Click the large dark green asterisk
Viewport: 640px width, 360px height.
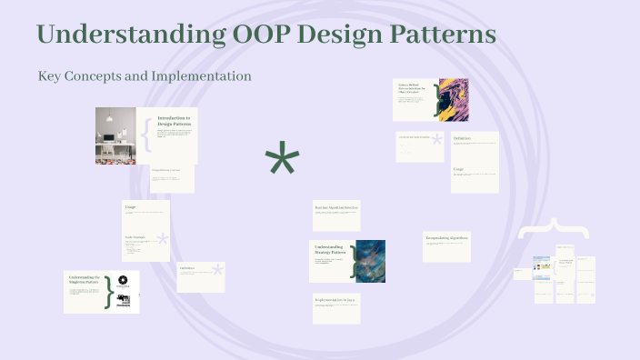(x=282, y=161)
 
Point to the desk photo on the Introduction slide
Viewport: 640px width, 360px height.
(x=115, y=135)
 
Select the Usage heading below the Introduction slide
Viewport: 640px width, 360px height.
(x=130, y=206)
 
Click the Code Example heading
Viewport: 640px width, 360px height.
(x=136, y=238)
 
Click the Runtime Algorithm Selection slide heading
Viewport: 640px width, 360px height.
(x=336, y=208)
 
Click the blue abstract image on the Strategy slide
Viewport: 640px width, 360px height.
(x=371, y=261)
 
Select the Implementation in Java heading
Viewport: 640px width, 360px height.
(x=335, y=299)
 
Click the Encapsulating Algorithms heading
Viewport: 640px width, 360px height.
(x=445, y=237)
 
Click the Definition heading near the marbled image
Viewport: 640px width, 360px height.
(x=462, y=138)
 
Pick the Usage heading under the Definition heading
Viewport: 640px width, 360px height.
(x=458, y=169)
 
